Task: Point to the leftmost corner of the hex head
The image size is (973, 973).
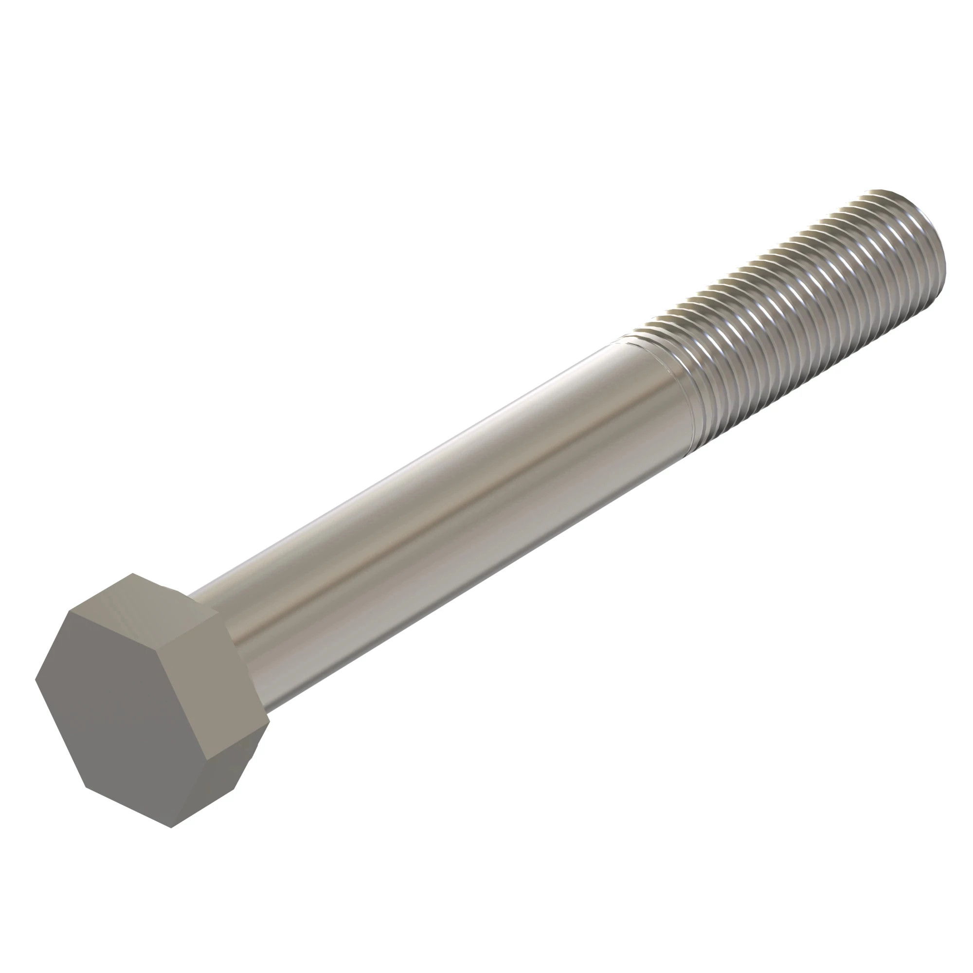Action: [x=35, y=681]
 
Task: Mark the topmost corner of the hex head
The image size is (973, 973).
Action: [x=132, y=574]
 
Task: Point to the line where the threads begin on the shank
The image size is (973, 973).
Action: [x=649, y=393]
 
